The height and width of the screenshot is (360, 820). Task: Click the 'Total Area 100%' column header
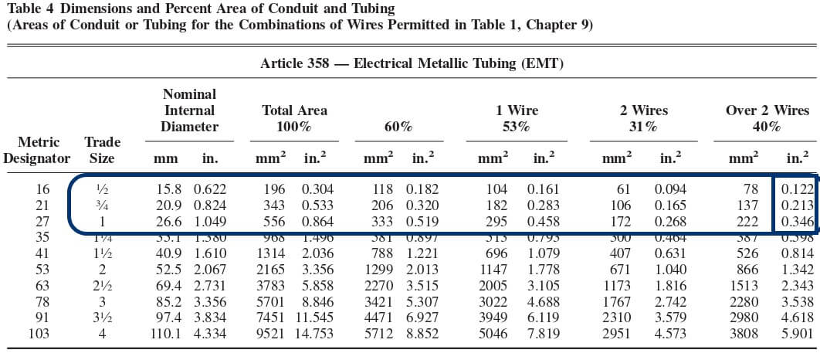[294, 118]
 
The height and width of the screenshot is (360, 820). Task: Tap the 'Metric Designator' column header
[37, 151]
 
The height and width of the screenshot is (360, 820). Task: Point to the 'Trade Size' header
[101, 151]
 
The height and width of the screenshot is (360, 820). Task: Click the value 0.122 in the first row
[798, 189]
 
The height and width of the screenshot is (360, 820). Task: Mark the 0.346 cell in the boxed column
[798, 222]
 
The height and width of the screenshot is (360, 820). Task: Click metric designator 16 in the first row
[42, 189]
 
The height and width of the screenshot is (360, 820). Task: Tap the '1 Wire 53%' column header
[517, 118]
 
